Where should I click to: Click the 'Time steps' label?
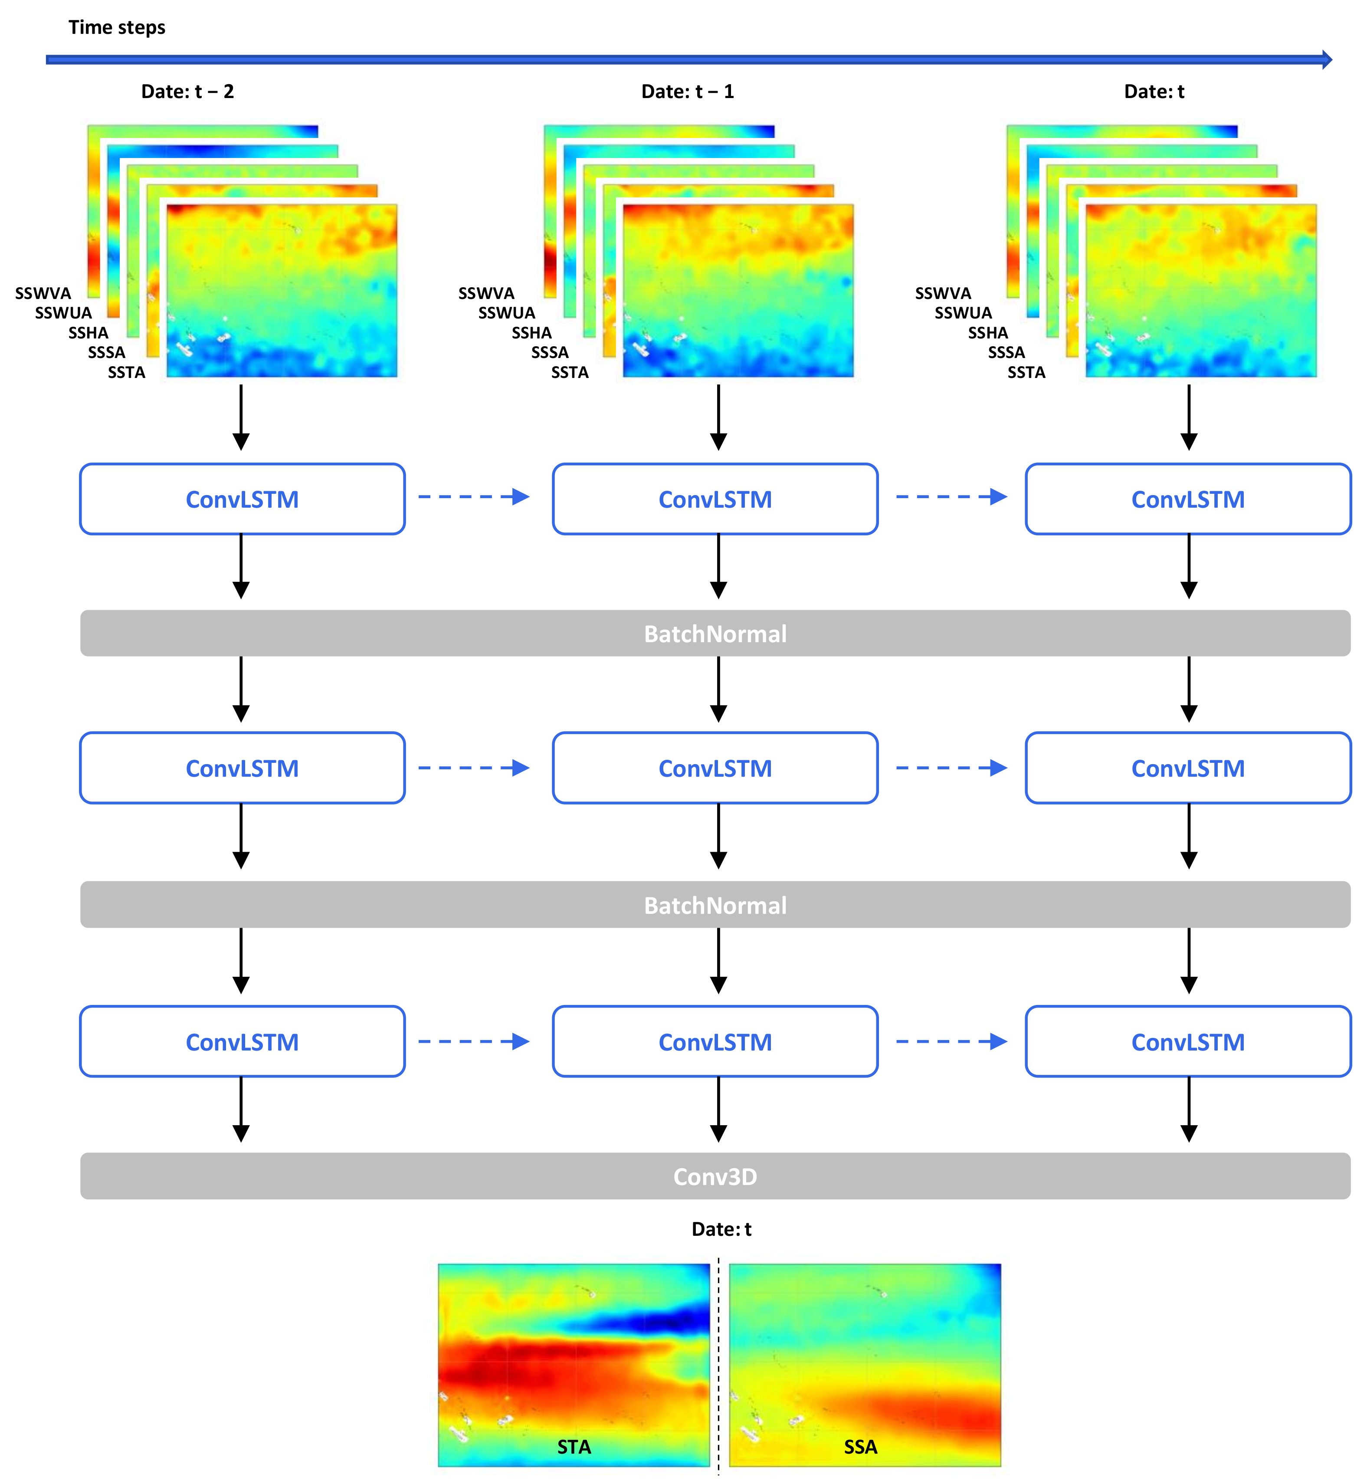click(x=117, y=27)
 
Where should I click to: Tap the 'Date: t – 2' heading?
click(x=187, y=92)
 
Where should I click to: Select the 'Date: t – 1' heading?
click(x=687, y=92)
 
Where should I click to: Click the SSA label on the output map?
click(x=860, y=1447)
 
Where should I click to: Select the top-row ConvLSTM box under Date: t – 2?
click(x=242, y=499)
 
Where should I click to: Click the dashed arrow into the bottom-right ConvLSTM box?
click(x=951, y=1041)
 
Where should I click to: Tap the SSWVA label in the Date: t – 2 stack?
click(x=43, y=294)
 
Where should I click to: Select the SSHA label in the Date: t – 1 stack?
click(x=531, y=333)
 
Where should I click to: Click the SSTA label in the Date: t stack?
click(x=1026, y=373)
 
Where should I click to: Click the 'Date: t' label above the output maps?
click(x=721, y=1230)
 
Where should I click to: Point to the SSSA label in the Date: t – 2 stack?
click(x=107, y=353)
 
